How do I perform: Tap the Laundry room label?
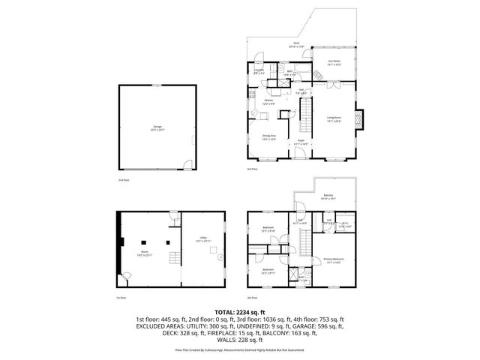tap(259, 72)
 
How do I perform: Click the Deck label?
tap(297, 45)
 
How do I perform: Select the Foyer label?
tap(300, 142)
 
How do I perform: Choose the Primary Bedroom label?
tap(332, 261)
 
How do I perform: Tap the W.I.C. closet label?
tap(347, 225)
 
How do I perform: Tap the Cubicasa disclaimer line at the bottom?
tap(240, 349)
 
